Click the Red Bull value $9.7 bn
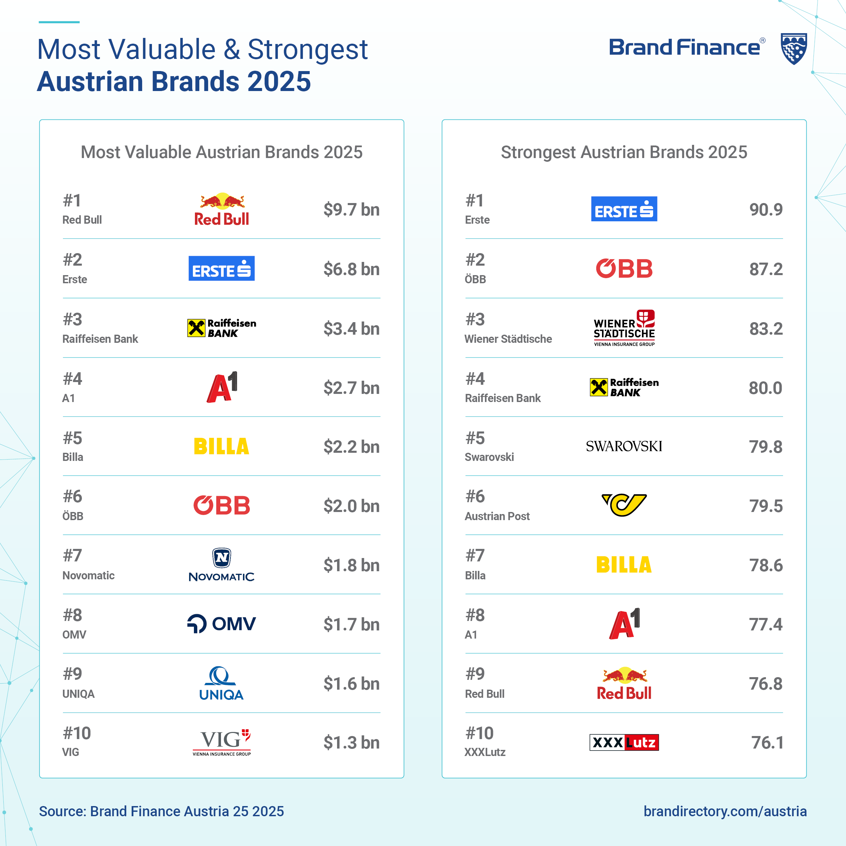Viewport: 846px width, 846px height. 351,210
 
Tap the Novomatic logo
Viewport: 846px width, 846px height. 222,565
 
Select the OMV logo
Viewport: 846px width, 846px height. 222,624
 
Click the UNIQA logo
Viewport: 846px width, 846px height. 222,683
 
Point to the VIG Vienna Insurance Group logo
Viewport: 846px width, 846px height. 222,742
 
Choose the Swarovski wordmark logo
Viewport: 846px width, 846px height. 624,446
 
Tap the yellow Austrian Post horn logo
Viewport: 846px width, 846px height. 624,505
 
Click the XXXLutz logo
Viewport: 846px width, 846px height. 624,742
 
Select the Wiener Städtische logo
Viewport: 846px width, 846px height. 624,328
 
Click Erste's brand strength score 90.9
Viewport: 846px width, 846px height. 766,210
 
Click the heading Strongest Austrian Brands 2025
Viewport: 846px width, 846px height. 624,152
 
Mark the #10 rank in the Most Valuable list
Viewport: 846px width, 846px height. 76,733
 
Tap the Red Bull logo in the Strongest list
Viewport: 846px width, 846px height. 624,683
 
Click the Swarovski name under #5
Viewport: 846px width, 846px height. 489,457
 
